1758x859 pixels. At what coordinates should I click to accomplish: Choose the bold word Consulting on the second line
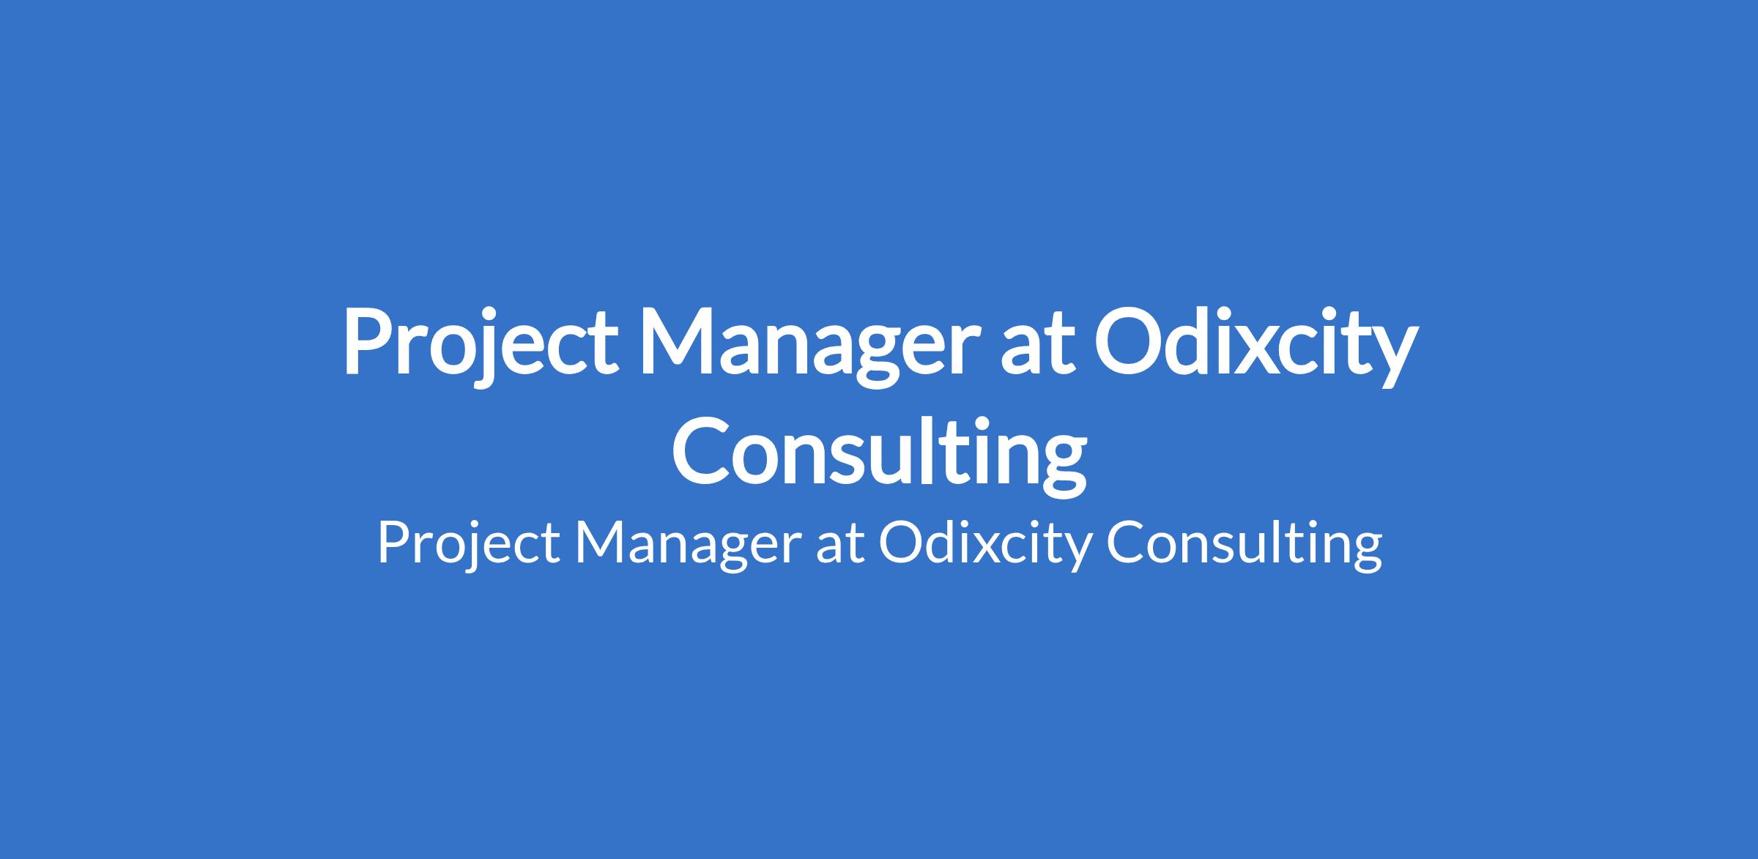tap(879, 455)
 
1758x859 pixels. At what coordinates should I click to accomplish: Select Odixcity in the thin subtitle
tap(984, 546)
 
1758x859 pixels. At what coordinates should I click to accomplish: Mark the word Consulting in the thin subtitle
tap(1244, 546)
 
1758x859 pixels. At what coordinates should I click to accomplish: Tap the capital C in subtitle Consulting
tap(1125, 544)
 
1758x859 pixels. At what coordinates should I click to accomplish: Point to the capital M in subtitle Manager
tap(603, 543)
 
